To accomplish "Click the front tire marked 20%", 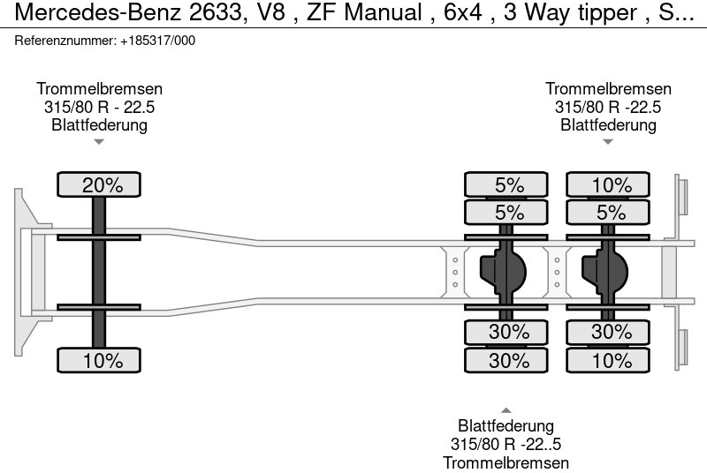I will tap(99, 185).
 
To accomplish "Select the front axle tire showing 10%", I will tap(99, 360).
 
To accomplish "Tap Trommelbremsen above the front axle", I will tap(99, 89).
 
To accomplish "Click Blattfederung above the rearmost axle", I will tap(608, 124).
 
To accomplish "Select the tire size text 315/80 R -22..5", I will tap(506, 445).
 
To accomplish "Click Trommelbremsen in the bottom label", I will tap(506, 462).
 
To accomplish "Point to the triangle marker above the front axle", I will tap(99, 141).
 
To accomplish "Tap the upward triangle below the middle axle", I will tap(506, 410).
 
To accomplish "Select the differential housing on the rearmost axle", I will tap(604, 272).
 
